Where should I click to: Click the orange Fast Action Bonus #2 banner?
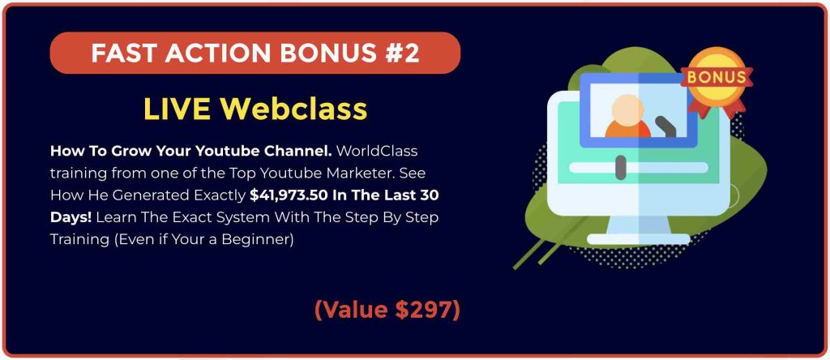[x=255, y=53]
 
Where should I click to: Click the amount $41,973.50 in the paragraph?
[x=289, y=196]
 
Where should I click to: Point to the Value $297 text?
[x=387, y=310]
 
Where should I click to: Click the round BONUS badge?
[x=717, y=77]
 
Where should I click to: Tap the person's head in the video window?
[x=628, y=110]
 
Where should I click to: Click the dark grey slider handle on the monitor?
[x=621, y=169]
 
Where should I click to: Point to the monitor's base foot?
[x=639, y=239]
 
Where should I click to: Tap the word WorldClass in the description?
[x=377, y=152]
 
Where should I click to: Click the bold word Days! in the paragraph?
[x=71, y=218]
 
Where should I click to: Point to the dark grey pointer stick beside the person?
[x=667, y=126]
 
